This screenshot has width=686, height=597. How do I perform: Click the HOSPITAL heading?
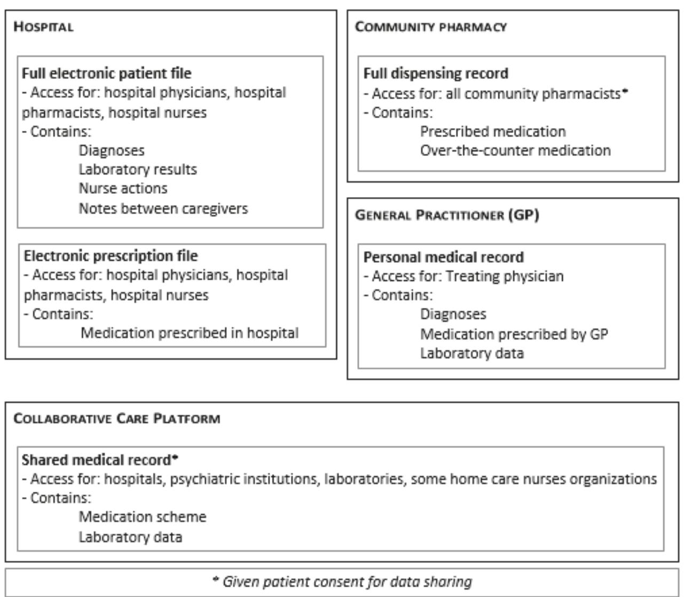[43, 27]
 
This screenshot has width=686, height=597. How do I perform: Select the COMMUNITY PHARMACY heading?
[430, 27]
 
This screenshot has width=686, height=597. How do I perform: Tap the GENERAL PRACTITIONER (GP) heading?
[447, 215]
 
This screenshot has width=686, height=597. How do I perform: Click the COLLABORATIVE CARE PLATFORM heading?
[117, 418]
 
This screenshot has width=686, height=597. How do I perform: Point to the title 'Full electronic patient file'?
[106, 73]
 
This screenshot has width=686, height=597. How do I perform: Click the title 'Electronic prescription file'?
[111, 256]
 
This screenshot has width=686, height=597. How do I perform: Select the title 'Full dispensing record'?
[436, 73]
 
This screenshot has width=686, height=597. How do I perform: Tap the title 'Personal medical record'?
[443, 257]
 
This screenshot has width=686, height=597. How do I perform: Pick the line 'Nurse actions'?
[123, 188]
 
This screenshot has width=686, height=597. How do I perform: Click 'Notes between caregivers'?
[163, 208]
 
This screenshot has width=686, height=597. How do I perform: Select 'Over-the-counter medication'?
[515, 151]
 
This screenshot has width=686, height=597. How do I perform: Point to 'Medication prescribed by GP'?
[514, 334]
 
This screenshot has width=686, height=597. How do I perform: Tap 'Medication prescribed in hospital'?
[190, 333]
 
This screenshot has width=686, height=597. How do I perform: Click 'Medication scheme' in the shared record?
[143, 517]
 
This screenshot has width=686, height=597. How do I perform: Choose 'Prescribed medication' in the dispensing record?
[493, 131]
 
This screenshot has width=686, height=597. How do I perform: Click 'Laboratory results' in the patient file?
[138, 170]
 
